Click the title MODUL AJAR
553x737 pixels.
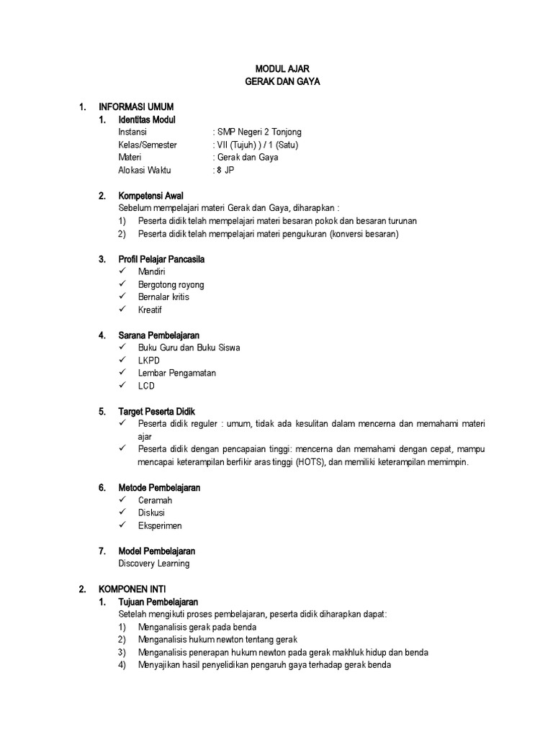tap(277, 68)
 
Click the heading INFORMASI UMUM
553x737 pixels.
tap(136, 107)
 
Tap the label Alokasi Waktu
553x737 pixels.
tap(145, 171)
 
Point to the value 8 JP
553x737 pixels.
tap(225, 171)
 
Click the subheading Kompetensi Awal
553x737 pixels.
tap(150, 196)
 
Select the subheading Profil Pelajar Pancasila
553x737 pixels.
tap(166, 259)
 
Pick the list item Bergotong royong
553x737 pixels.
tap(171, 284)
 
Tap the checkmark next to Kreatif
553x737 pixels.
tap(123, 309)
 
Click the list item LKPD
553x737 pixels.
tap(149, 360)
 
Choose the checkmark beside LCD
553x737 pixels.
tap(123, 386)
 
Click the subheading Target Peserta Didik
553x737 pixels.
tap(156, 412)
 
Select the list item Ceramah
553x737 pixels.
tap(155, 500)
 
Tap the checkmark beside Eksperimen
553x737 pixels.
tap(123, 525)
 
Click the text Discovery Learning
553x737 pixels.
tap(154, 564)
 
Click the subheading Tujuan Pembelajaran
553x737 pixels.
tap(158, 602)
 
